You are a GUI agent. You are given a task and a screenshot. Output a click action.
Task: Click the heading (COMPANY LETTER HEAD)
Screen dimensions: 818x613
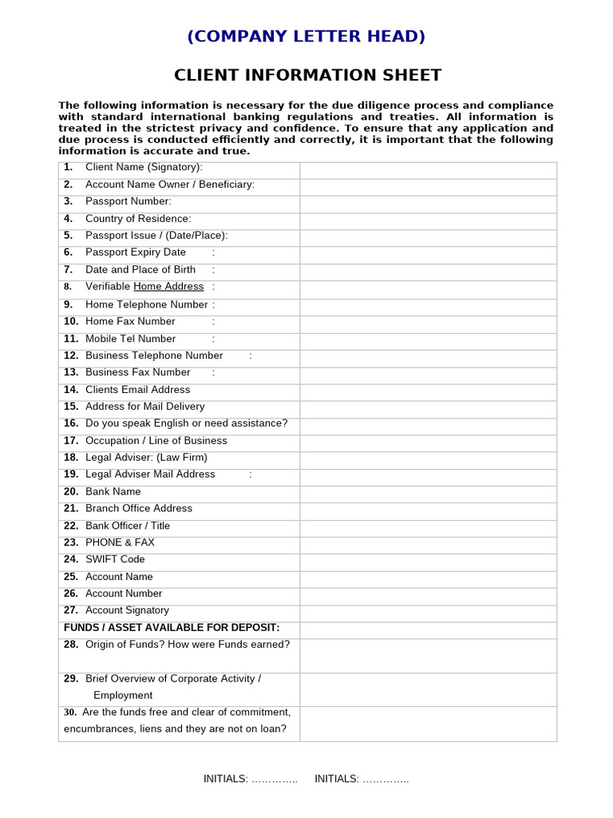coord(306,36)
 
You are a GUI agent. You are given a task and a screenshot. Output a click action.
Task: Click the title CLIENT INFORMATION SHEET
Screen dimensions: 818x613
coord(307,75)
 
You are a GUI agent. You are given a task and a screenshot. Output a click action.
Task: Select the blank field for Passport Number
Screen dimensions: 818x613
coord(428,202)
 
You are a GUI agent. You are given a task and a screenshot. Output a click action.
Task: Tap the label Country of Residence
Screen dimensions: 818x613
coord(138,219)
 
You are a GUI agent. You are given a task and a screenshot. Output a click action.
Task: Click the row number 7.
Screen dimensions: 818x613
coord(69,270)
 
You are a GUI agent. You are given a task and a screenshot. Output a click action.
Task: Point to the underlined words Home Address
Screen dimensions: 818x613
coord(168,287)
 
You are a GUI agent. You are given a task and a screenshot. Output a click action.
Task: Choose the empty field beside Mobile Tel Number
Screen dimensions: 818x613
coord(428,339)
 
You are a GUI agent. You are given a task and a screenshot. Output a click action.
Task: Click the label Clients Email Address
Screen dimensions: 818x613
coord(137,390)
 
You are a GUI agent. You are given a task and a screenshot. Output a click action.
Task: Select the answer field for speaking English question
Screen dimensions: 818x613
coord(428,423)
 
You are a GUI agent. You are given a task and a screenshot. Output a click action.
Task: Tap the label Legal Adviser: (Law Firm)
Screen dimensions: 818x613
coord(146,458)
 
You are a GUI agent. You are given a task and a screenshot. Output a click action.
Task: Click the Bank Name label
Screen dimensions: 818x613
coord(113,492)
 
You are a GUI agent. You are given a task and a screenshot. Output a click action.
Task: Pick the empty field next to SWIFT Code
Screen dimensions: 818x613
coord(428,560)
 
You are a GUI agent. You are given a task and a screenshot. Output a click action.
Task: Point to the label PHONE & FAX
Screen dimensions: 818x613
coord(120,542)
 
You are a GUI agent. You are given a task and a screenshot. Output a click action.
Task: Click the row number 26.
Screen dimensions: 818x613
coord(71,594)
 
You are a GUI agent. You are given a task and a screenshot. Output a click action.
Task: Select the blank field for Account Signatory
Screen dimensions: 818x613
coord(428,611)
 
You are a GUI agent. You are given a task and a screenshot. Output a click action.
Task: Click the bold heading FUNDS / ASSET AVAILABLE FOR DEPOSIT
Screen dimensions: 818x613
coord(172,628)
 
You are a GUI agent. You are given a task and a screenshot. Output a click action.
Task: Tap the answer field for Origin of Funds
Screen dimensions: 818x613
coord(428,655)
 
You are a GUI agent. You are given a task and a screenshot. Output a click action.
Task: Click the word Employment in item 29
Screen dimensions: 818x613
coord(123,696)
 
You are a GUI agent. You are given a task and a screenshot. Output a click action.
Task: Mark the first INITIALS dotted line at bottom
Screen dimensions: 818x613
coord(275,779)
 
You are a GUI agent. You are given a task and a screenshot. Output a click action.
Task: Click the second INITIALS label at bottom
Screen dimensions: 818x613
coord(337,779)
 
